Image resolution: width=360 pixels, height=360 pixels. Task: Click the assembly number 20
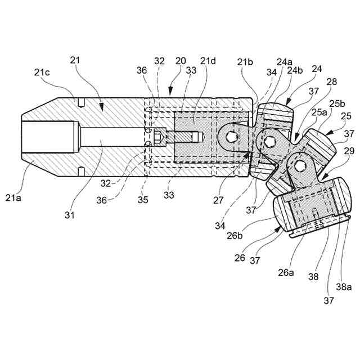tap(181, 61)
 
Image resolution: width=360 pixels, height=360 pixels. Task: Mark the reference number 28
tap(331, 82)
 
